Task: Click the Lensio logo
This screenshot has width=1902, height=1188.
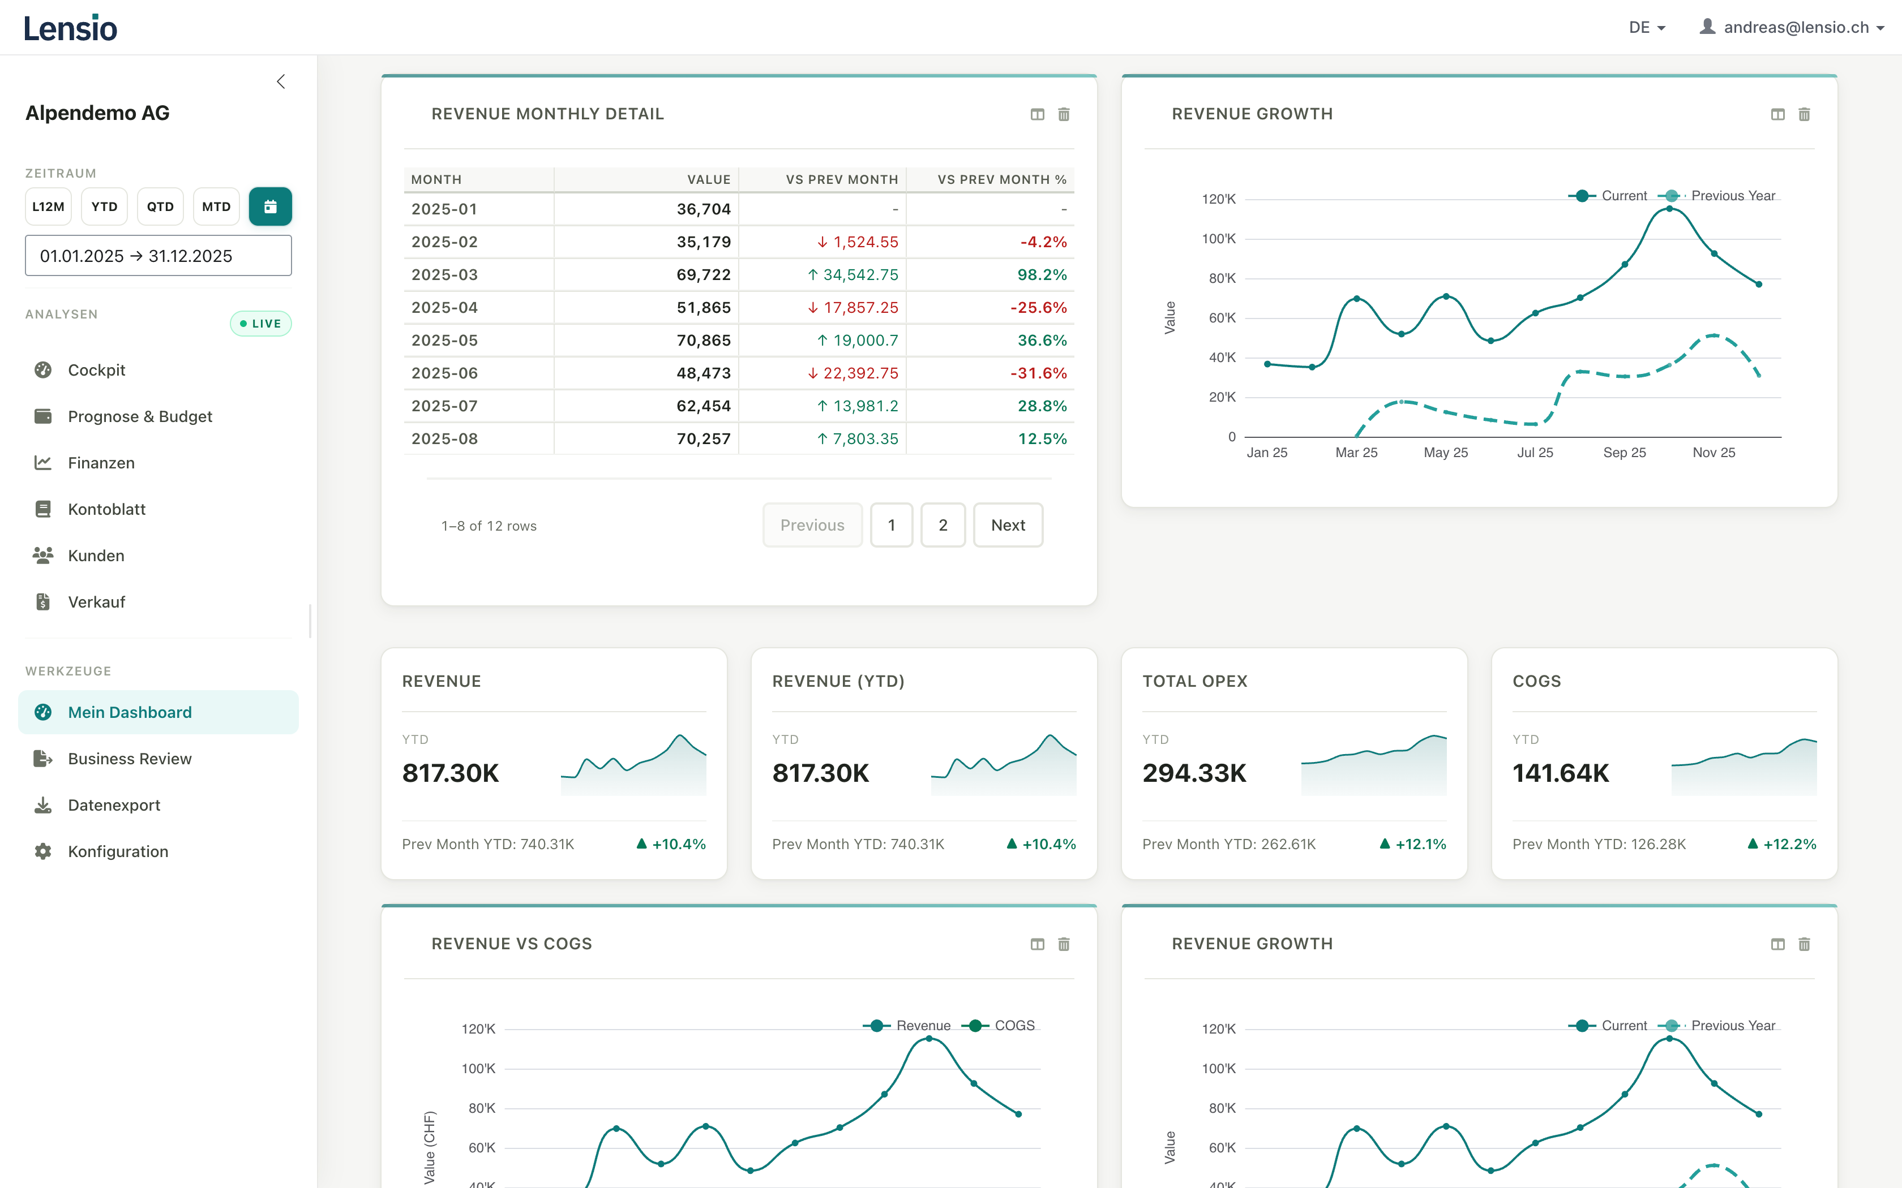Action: [x=71, y=28]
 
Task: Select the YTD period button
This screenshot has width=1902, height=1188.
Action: [x=105, y=206]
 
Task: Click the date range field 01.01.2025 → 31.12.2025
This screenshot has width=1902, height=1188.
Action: [x=158, y=256]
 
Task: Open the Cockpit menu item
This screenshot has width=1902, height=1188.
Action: [x=96, y=370]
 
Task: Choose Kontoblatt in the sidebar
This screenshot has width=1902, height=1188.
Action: [x=106, y=509]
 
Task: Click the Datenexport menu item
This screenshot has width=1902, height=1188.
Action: [x=113, y=806]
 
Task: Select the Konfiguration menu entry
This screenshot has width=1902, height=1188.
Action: [x=118, y=852]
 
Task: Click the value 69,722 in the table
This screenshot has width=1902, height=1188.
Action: [x=704, y=275]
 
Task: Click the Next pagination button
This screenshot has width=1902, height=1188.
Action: [x=1008, y=525]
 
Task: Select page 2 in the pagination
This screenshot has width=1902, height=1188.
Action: [x=943, y=525]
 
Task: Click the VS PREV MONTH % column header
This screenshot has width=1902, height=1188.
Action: [x=1001, y=180]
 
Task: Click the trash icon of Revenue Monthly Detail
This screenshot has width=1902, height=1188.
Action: [x=1064, y=115]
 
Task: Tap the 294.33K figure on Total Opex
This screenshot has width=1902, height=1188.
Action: [x=1194, y=773]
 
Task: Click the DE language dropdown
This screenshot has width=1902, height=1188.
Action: [x=1647, y=28]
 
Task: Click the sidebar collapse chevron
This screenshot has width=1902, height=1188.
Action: [x=281, y=81]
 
